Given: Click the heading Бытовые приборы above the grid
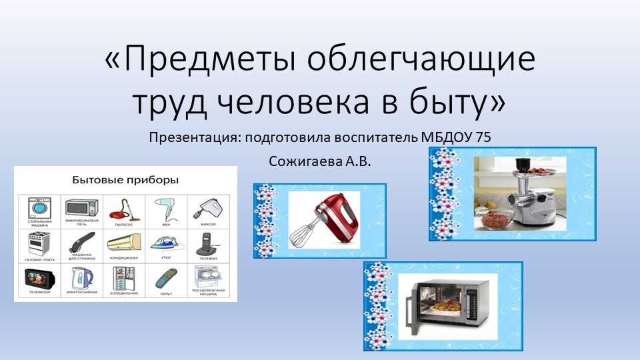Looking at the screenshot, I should click(x=125, y=180).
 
